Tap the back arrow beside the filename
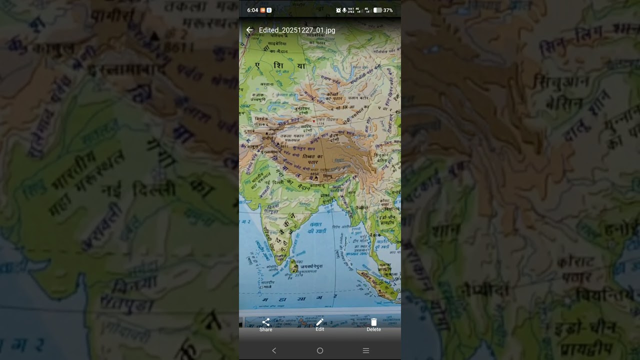click(x=249, y=30)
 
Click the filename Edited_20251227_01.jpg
click(x=297, y=30)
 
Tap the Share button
click(x=266, y=325)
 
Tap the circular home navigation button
click(x=320, y=351)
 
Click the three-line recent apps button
click(x=366, y=351)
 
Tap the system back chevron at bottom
click(x=274, y=351)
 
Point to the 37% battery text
click(x=388, y=10)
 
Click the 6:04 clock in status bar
click(x=252, y=10)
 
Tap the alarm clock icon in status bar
click(x=338, y=10)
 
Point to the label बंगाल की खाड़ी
click(x=317, y=228)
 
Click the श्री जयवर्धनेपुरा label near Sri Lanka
click(x=311, y=267)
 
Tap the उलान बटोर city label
click(x=358, y=98)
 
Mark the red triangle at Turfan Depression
click(x=314, y=121)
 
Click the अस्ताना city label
click(x=267, y=84)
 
